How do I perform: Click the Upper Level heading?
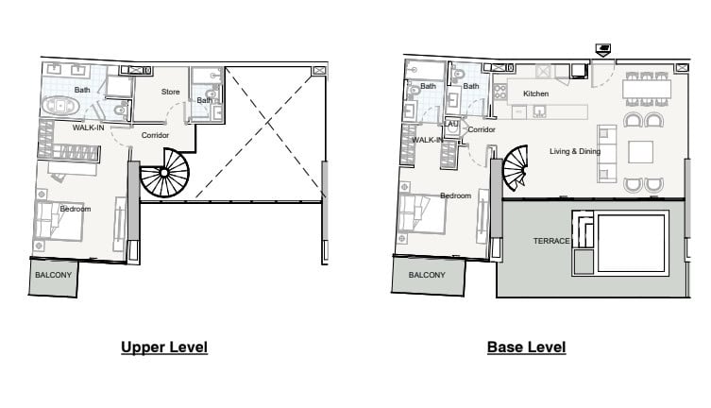coord(164,348)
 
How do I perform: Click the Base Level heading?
coord(527,348)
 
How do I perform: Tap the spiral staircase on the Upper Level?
coord(164,173)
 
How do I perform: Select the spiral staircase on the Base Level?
coord(516,168)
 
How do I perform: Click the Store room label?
coord(171,92)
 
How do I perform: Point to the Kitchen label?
coord(536,93)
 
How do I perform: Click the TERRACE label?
coord(551,241)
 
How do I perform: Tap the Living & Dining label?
coord(575,151)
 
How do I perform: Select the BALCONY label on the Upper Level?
coord(54,275)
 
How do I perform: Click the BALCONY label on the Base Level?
coord(427,275)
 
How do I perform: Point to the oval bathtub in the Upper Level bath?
coord(60,107)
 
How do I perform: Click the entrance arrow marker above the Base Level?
coord(602,50)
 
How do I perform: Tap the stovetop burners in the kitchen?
coord(499,92)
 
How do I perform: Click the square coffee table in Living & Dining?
coord(640,152)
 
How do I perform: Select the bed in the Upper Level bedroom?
coord(59,221)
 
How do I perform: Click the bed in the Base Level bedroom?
coord(422,213)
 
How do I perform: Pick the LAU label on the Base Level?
coord(451,124)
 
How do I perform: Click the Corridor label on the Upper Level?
coord(155,135)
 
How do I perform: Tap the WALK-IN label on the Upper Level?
coord(89,127)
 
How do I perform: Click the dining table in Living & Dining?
coord(647,90)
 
